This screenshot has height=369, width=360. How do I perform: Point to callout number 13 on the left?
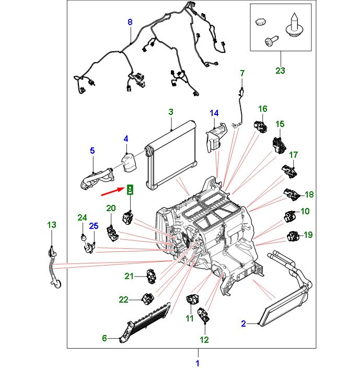point(51,225)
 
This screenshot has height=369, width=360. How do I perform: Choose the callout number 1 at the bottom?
point(198,363)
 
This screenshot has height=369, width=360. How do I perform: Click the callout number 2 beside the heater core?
point(243,324)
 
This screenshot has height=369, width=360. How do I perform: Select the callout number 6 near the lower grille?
point(104,338)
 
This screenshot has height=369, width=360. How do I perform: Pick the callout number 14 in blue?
point(215,113)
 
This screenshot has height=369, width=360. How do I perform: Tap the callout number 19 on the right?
point(308,235)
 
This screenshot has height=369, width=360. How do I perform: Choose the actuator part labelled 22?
point(147,298)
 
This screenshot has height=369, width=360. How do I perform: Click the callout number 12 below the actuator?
point(204,340)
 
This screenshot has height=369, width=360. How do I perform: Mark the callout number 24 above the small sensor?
point(82,217)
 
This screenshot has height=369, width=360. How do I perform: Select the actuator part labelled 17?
point(289,169)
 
